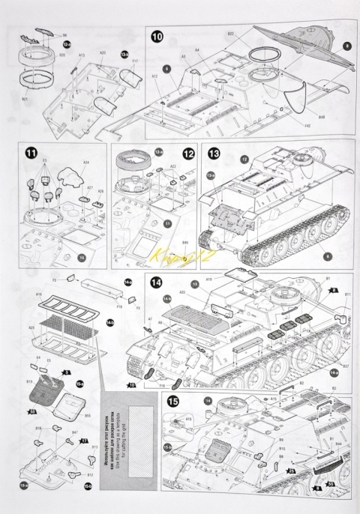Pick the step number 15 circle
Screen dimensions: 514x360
pos(173,401)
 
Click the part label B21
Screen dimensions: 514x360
pos(24,98)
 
